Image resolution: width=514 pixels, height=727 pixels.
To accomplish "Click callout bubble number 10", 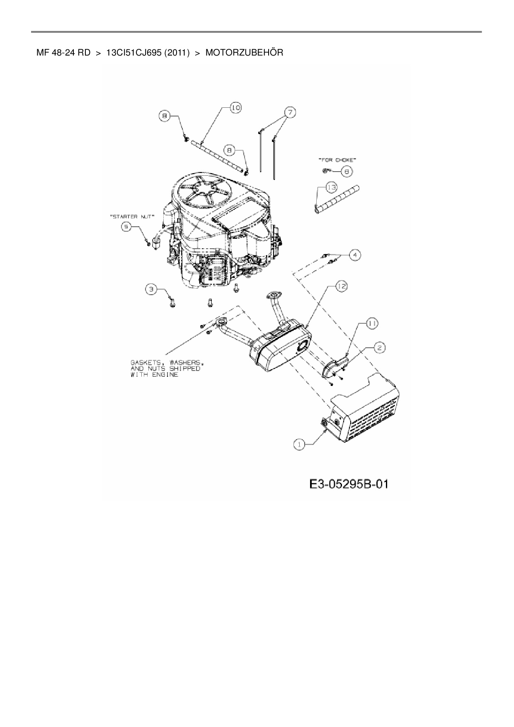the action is pos(235,108).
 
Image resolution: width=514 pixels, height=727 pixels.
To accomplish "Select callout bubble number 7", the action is pos(290,112).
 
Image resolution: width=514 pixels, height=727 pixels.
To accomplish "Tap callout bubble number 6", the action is pos(347,171).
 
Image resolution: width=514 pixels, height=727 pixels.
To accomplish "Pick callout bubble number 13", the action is pos(331,188).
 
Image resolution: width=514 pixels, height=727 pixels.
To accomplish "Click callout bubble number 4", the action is pos(354,254).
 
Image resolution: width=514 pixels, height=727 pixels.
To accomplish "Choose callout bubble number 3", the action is pos(152,289).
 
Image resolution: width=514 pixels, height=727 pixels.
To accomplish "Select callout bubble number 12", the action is pos(341,286).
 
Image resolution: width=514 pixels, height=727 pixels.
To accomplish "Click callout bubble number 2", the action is pos(380,348).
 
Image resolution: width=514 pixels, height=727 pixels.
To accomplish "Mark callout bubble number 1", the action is pos(299,444).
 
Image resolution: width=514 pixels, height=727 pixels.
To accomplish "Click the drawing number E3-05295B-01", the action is pos(349,484).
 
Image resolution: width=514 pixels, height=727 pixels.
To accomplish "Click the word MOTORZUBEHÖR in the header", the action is pos(244,53).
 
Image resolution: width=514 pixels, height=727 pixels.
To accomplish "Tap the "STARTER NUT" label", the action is pos(132,216).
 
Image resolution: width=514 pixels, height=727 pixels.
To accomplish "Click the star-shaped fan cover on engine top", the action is pos(205,193).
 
